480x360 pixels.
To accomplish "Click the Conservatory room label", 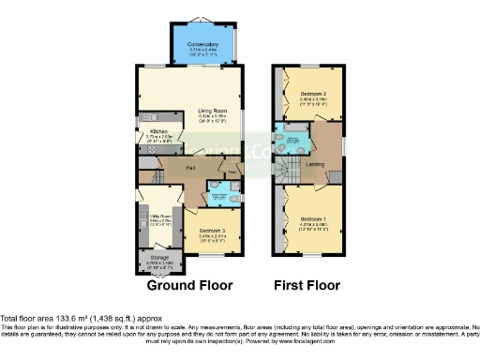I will coord(202,44).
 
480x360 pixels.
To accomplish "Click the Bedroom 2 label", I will coord(314,95).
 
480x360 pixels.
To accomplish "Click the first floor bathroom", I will coord(292,142).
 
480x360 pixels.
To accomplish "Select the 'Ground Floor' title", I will coord(190,285).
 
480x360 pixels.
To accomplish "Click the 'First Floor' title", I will coord(307,285).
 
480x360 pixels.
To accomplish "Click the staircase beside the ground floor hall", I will coord(150,175).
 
